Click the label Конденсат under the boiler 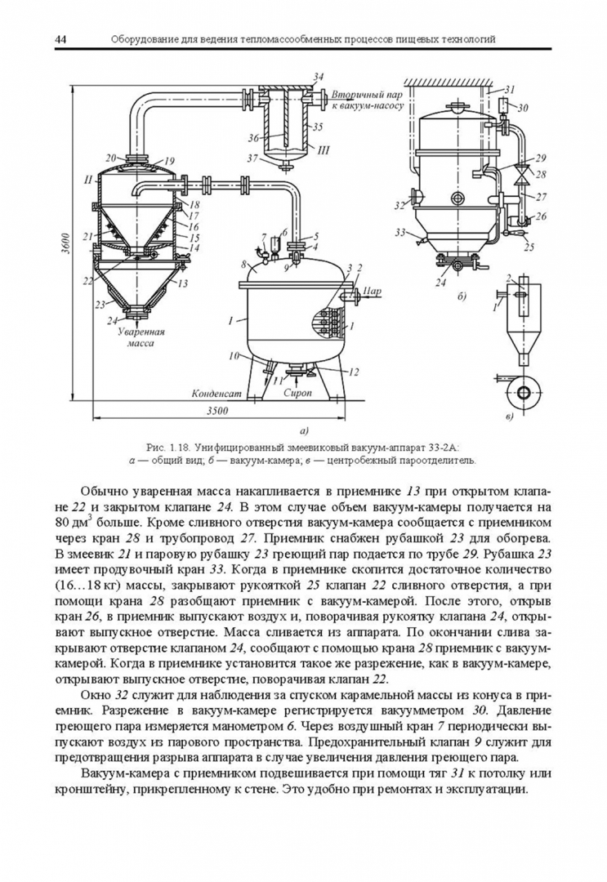(216, 392)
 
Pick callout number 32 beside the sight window (401, 204)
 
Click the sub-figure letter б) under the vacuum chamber (462, 296)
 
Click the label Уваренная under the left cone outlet (141, 333)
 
